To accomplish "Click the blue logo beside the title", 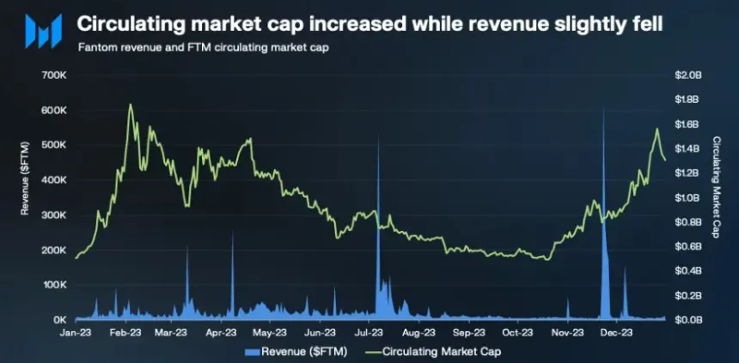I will tap(41, 31).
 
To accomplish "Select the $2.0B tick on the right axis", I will tap(688, 76).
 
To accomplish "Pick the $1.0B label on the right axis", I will tap(688, 197).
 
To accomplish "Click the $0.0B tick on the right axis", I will tap(688, 319).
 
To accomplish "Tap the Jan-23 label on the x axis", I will tap(76, 331).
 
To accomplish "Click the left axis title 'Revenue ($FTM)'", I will tap(26, 197).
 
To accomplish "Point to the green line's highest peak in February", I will tap(130, 105).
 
